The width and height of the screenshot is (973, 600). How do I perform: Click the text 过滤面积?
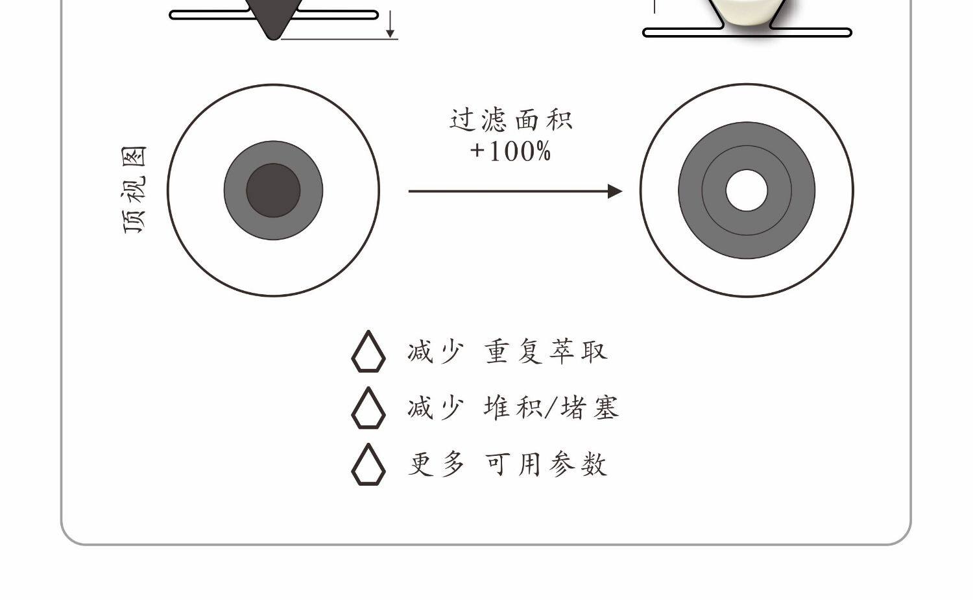tap(511, 120)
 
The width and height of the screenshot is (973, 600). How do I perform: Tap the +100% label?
tap(511, 151)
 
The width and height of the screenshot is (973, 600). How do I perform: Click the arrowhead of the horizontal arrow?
tap(614, 191)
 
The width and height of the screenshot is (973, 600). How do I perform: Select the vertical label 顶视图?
tap(135, 190)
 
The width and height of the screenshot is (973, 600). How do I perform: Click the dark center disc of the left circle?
tap(273, 190)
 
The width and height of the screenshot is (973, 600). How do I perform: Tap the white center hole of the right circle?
tap(746, 191)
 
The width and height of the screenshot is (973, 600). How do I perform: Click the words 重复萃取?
tap(546, 351)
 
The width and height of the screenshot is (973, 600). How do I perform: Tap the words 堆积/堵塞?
tap(551, 408)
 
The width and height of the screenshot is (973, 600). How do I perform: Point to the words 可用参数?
tap(546, 464)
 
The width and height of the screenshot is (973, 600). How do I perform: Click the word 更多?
tap(436, 464)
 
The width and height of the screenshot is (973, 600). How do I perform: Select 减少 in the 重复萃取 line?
tap(436, 351)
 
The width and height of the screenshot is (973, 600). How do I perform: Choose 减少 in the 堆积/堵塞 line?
tap(436, 408)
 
